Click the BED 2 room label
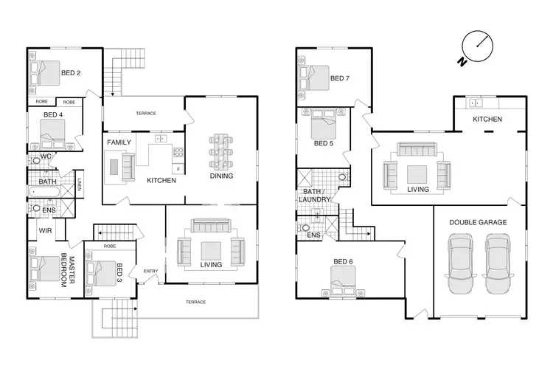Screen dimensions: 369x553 coord(69,72)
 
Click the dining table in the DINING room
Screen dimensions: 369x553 coord(221,151)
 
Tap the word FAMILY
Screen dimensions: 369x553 coord(119,142)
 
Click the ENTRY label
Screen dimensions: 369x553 coord(150,272)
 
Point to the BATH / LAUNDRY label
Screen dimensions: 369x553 coord(316,196)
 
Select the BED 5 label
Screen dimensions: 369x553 coord(324,143)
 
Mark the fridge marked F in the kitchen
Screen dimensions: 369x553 coord(178,169)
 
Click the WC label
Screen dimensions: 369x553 coord(45,156)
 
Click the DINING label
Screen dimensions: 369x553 coord(221,176)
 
